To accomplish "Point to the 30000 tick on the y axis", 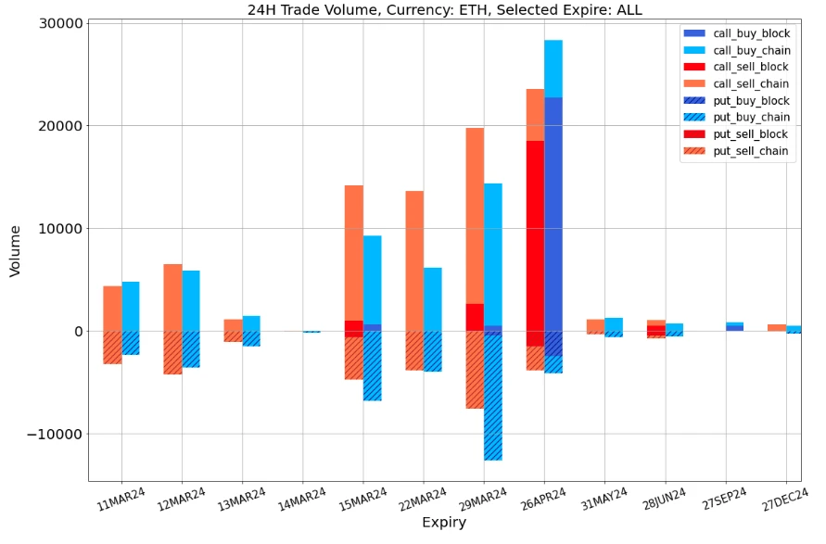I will pos(59,23).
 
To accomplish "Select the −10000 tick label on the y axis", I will pos(54,434).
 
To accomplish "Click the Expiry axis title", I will pos(444,523).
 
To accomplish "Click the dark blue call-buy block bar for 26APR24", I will pos(553,213).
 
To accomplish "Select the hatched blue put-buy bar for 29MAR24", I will pos(493,399).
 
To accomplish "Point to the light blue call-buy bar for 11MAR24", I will pos(131,306).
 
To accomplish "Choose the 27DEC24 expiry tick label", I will pos(782,499).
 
